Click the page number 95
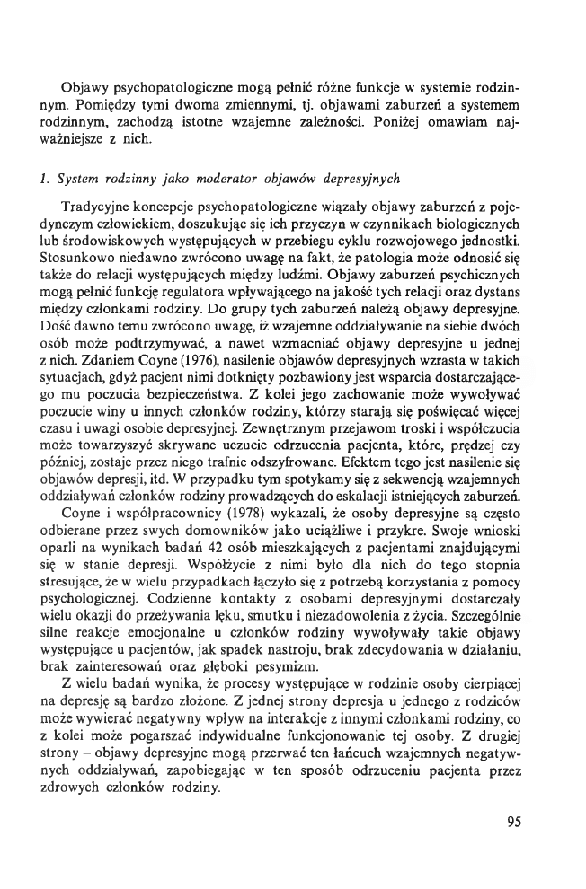point(514,821)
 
